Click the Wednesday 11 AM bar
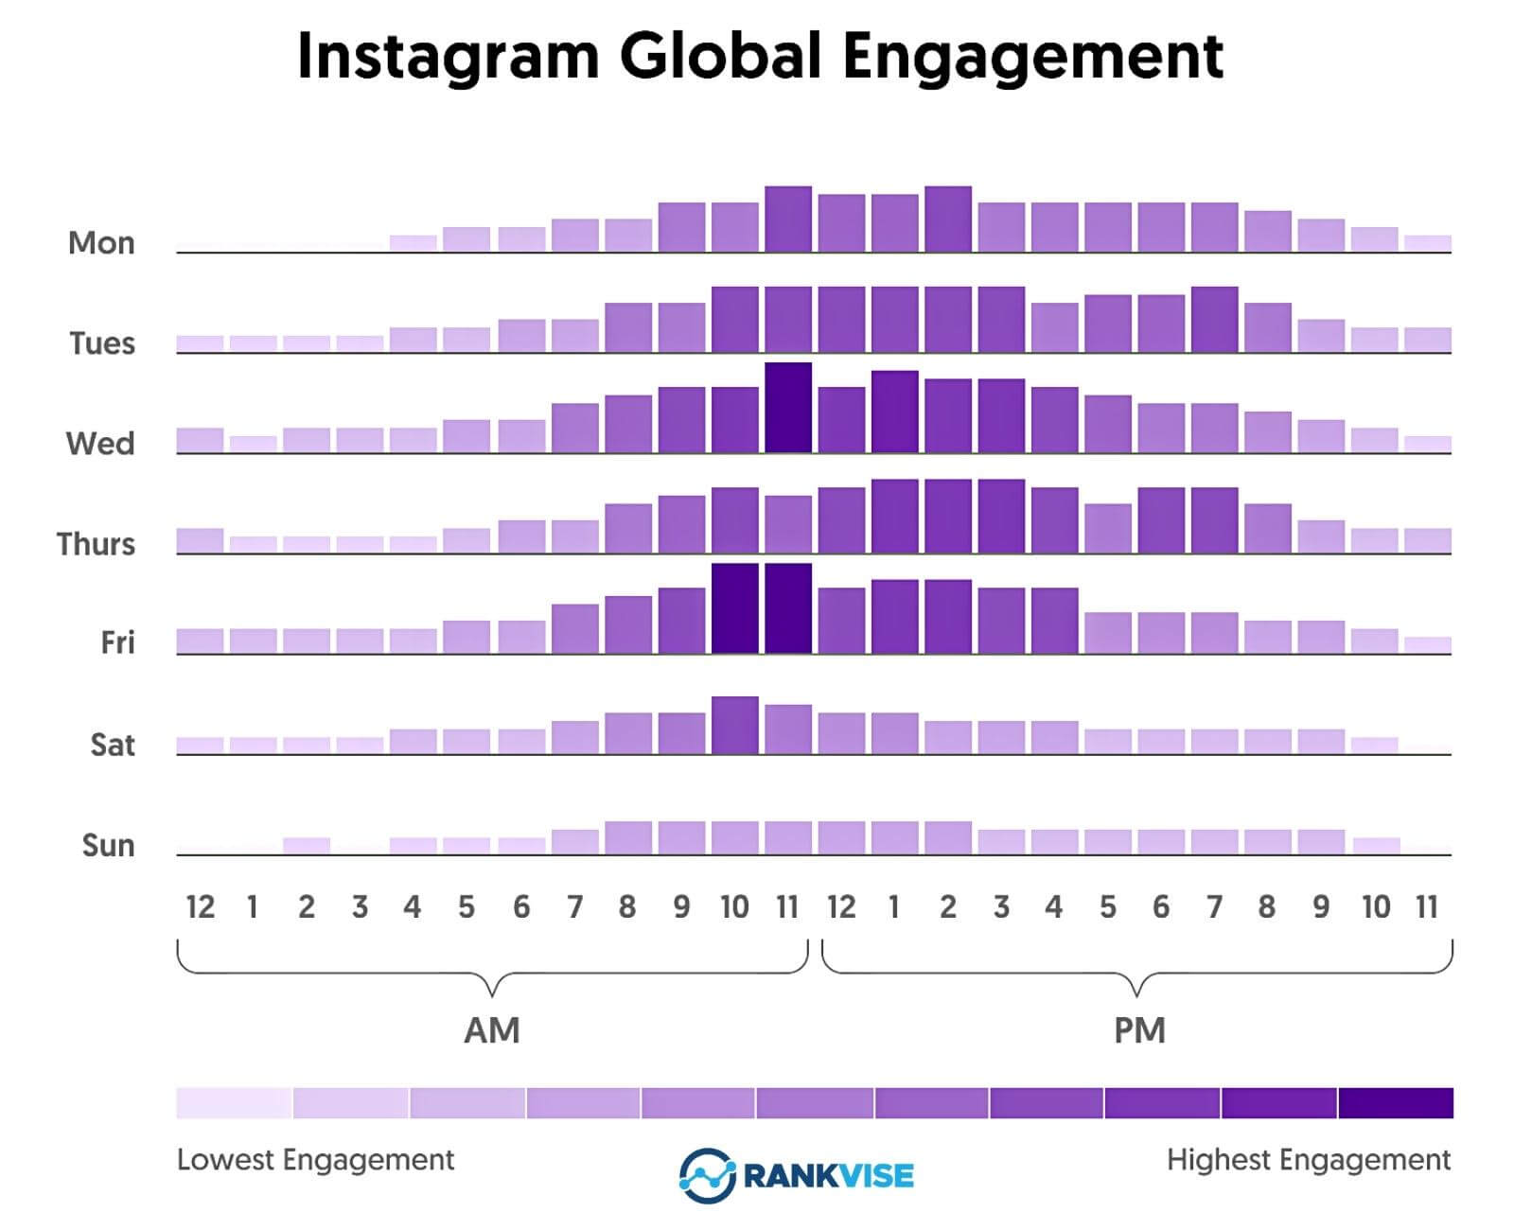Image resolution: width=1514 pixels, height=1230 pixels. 788,408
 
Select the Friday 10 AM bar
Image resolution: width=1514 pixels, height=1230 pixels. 735,608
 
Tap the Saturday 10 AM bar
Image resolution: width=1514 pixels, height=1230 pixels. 735,726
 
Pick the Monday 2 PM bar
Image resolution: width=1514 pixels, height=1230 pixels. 947,220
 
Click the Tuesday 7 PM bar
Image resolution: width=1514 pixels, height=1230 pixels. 1214,320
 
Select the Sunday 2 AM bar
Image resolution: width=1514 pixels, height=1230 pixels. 307,846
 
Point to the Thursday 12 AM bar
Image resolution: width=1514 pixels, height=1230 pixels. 200,540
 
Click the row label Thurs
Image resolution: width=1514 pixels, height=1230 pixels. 96,544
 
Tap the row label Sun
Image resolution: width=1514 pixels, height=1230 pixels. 108,845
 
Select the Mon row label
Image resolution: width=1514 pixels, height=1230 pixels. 101,243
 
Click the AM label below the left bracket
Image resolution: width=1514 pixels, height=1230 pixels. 491,1029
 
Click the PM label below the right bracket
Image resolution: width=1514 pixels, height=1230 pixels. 1139,1029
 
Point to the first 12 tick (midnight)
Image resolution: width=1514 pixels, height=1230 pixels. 200,907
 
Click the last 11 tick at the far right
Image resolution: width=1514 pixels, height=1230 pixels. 1427,907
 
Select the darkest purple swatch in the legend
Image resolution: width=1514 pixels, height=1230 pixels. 1396,1103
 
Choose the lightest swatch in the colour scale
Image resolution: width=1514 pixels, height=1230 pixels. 234,1103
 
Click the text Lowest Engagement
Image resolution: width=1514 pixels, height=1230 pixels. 315,1160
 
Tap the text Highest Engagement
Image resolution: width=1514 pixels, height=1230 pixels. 1308,1160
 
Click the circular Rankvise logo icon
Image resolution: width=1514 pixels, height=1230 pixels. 706,1176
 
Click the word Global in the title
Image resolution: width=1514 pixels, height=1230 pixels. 720,57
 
